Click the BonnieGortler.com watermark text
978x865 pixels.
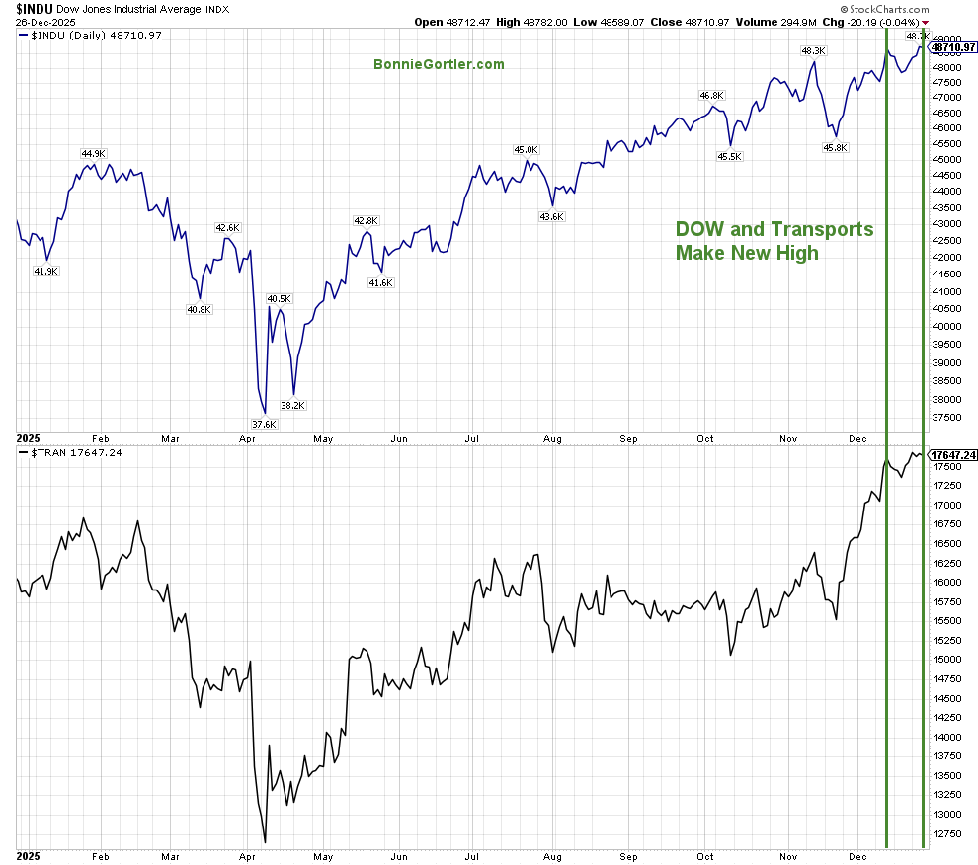click(x=439, y=64)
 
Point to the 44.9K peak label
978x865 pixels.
click(x=93, y=153)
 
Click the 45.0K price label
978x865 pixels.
click(x=526, y=149)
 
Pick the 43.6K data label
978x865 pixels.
click(x=551, y=216)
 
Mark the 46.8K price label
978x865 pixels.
click(x=711, y=96)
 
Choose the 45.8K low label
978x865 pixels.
click(x=836, y=147)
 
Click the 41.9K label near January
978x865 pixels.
click(x=46, y=271)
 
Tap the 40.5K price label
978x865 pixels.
click(x=279, y=298)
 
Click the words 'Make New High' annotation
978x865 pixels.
click(x=747, y=253)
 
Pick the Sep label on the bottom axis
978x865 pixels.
click(x=629, y=855)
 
